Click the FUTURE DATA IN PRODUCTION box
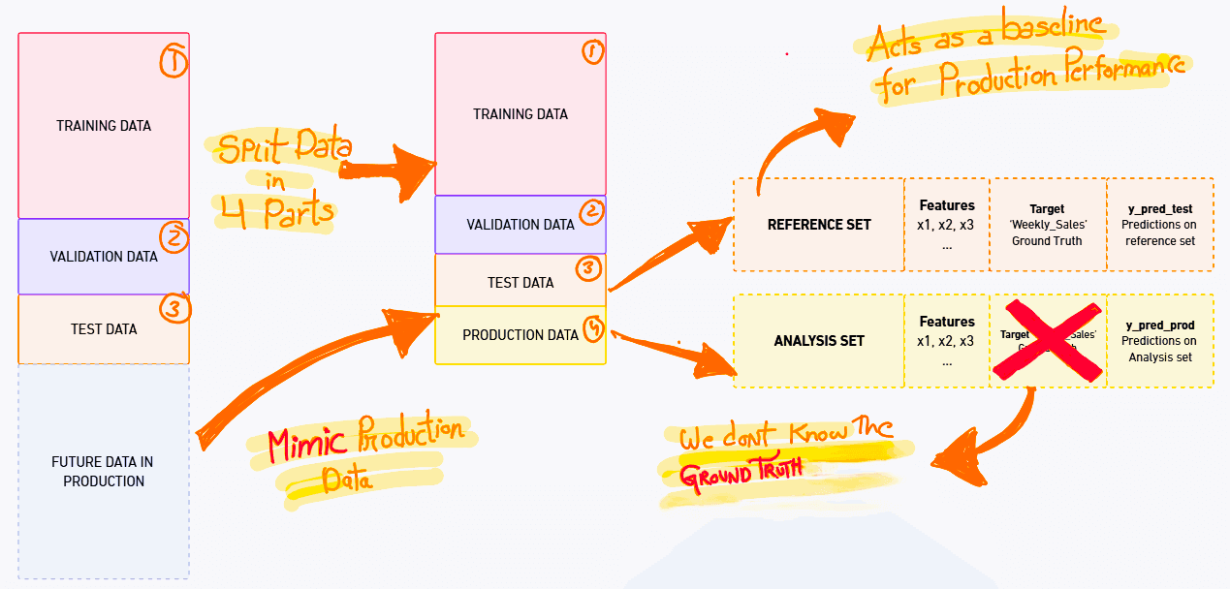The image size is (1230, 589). click(x=104, y=471)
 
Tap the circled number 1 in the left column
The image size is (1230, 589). click(x=173, y=62)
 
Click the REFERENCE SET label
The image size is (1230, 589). click(x=819, y=224)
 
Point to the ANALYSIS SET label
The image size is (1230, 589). click(x=819, y=340)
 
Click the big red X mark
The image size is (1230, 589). click(x=1047, y=339)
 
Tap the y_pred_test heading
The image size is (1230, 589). click(x=1159, y=208)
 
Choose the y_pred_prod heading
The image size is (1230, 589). click(x=1159, y=325)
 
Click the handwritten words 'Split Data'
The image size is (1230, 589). click(x=283, y=150)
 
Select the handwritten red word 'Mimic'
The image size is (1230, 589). click(x=307, y=445)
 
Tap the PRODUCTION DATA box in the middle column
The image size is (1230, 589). click(x=520, y=335)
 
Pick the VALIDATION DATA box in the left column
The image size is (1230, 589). click(x=104, y=257)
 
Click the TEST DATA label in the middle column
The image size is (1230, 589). click(x=520, y=282)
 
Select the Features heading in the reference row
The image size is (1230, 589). click(x=947, y=205)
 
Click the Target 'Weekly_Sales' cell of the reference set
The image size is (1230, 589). click(x=1047, y=225)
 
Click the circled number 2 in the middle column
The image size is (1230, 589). click(x=591, y=212)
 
